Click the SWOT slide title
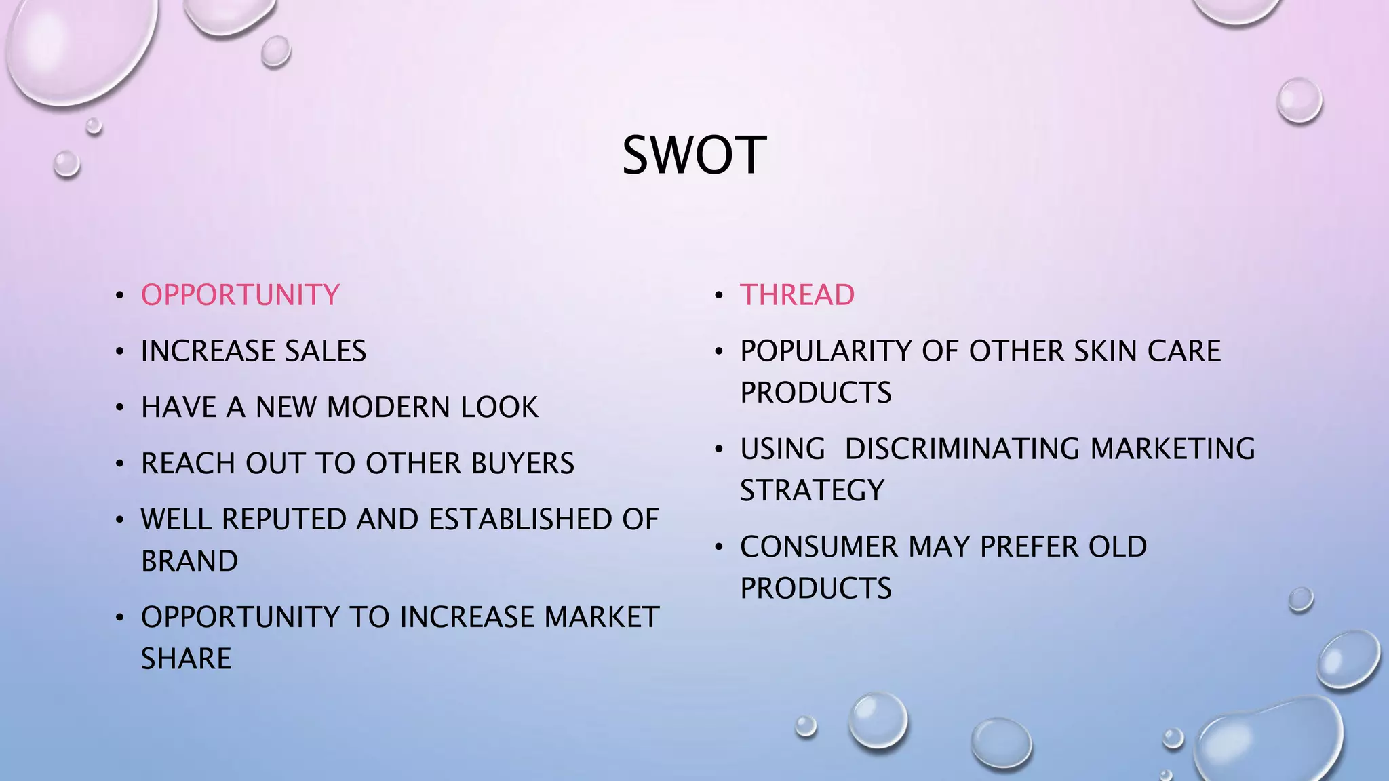click(x=694, y=155)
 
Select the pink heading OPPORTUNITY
click(x=240, y=295)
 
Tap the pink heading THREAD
click(x=797, y=295)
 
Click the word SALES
click(x=325, y=351)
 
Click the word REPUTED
click(x=285, y=520)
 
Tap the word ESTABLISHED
click(x=515, y=520)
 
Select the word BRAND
click(x=189, y=561)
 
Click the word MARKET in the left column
click(x=601, y=618)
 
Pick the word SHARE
click(x=186, y=659)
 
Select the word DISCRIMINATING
click(x=962, y=449)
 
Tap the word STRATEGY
click(x=812, y=490)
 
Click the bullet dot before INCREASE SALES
click(x=120, y=352)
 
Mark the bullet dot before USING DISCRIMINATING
click(x=719, y=449)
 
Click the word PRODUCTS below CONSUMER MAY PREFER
click(x=816, y=588)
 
